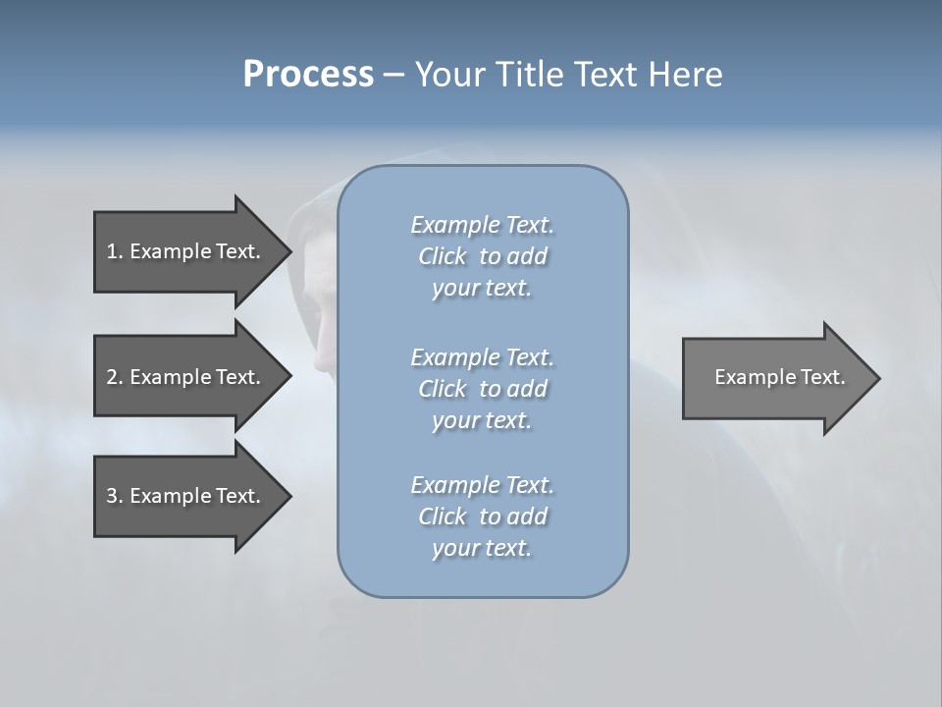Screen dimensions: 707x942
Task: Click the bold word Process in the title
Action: pyautogui.click(x=308, y=75)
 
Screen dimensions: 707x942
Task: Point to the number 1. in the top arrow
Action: pyautogui.click(x=115, y=251)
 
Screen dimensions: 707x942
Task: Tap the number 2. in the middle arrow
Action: pyautogui.click(x=115, y=377)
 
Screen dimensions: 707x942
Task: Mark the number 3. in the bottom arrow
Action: pyautogui.click(x=115, y=496)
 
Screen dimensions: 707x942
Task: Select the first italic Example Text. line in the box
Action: pyautogui.click(x=482, y=225)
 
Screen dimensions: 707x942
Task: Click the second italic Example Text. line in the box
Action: pyautogui.click(x=482, y=356)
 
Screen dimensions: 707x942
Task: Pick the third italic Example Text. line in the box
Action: pyautogui.click(x=482, y=485)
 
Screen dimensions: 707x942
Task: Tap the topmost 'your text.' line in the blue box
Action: pyautogui.click(x=482, y=289)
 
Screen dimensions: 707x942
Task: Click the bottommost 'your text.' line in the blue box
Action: pyautogui.click(x=482, y=549)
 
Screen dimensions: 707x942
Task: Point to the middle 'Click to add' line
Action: pyautogui.click(x=482, y=389)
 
